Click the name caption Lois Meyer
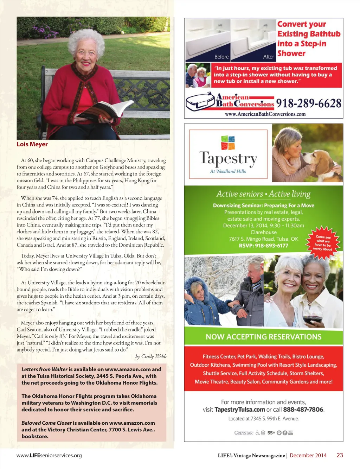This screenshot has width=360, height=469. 32,144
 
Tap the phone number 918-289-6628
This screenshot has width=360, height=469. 308,103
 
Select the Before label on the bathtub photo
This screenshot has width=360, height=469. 221,57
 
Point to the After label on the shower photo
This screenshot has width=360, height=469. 268,57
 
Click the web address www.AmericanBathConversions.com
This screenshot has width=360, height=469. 265,114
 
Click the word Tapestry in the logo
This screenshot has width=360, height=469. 228,159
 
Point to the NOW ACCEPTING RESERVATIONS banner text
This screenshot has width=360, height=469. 264,337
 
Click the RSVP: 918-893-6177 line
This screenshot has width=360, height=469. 263,246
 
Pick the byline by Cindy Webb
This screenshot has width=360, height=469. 151,356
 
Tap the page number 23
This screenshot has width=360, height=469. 340,455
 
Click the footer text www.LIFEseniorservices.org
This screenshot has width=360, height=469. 49,455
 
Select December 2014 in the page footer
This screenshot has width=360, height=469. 308,455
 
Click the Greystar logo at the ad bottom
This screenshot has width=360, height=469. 244,433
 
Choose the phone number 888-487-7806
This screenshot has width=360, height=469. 303,410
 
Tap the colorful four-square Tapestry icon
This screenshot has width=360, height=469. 228,142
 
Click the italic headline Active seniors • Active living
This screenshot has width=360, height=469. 263,194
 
